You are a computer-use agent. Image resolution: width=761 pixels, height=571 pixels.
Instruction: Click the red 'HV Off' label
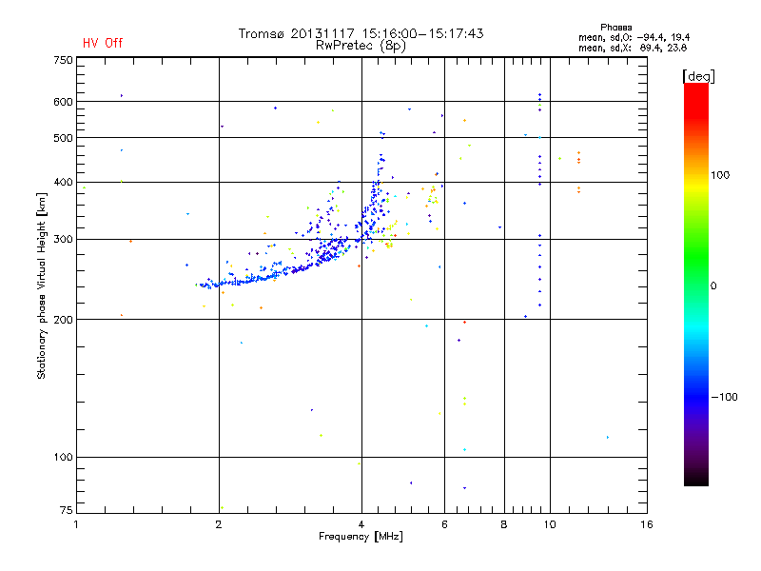tap(102, 43)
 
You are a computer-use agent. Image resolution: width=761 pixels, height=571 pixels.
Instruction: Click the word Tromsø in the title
tap(262, 33)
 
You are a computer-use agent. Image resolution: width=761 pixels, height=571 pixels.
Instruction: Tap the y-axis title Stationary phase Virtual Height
tap(42, 285)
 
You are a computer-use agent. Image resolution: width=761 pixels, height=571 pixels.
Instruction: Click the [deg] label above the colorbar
tap(699, 75)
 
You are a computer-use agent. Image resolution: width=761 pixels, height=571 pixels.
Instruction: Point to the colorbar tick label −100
tap(727, 397)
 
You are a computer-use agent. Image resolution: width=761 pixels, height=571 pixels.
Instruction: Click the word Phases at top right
tap(617, 27)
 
